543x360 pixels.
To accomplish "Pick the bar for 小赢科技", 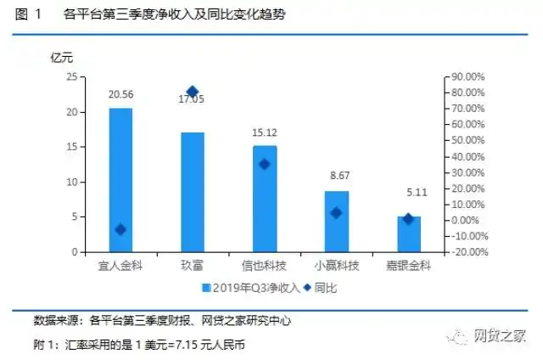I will point(337,222).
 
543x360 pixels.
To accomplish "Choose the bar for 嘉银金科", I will point(409,234).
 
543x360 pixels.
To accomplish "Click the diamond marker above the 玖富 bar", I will point(193,92).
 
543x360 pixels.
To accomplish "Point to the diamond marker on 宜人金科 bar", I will point(120,229).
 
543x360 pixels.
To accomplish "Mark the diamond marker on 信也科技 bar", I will point(265,164).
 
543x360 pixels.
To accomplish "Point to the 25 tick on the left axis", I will point(71,77).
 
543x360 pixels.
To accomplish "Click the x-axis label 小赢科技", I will point(337,266).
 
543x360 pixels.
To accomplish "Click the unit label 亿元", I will point(63,58).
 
